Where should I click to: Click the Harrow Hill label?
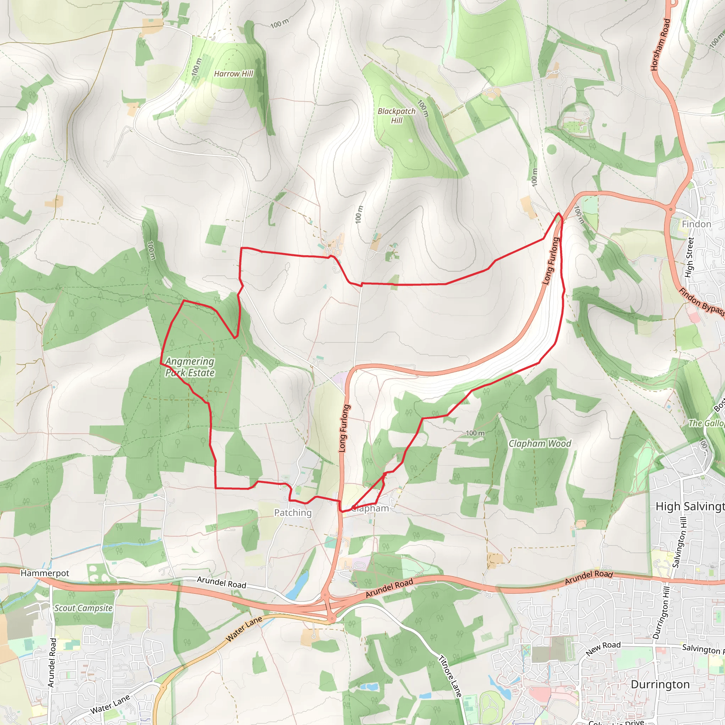click(233, 74)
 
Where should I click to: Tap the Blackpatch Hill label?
click(396, 115)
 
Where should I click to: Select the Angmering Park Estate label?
click(190, 367)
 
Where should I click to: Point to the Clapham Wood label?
click(540, 444)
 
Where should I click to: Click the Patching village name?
click(293, 513)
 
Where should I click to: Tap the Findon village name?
click(696, 224)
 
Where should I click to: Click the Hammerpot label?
click(45, 573)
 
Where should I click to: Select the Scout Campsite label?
click(83, 608)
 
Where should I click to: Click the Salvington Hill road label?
click(679, 542)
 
